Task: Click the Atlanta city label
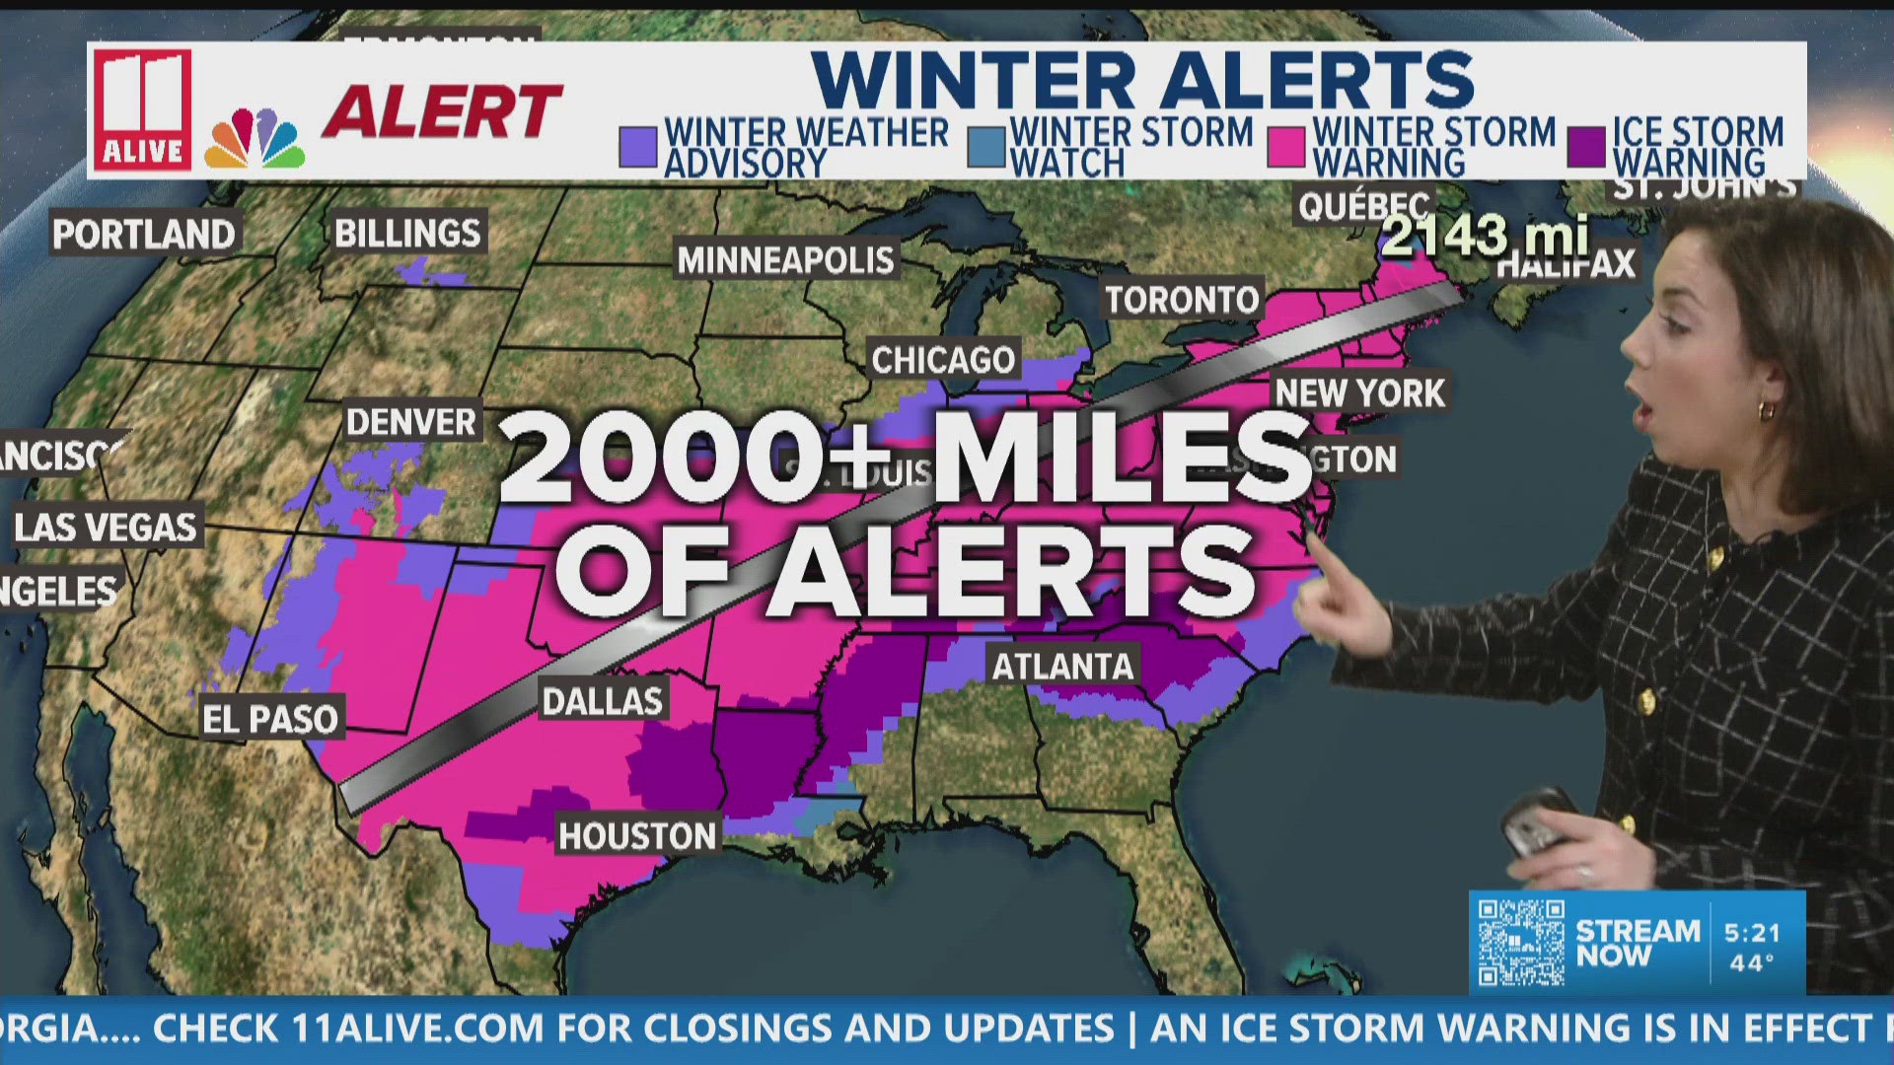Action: pyautogui.click(x=1062, y=667)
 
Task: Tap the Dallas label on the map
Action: pyautogui.click(x=603, y=701)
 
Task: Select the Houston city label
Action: pyautogui.click(x=637, y=836)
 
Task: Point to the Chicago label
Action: pyautogui.click(x=943, y=360)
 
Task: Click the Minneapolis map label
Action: pyautogui.click(x=786, y=260)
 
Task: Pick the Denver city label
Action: pyautogui.click(x=411, y=422)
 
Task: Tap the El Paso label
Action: pyautogui.click(x=270, y=719)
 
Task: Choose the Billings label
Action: pyautogui.click(x=407, y=234)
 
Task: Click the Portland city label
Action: pyautogui.click(x=144, y=235)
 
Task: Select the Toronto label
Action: pyautogui.click(x=1182, y=300)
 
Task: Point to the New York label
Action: pyautogui.click(x=1359, y=393)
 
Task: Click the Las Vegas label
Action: pyautogui.click(x=106, y=528)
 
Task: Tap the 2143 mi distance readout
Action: pyautogui.click(x=1485, y=236)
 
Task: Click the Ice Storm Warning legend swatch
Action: pyautogui.click(x=1586, y=147)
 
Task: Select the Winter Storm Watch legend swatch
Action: pyautogui.click(x=985, y=147)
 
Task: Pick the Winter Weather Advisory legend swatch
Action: pyautogui.click(x=638, y=147)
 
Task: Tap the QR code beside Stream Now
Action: pyautogui.click(x=1521, y=942)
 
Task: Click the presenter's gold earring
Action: pyautogui.click(x=1767, y=409)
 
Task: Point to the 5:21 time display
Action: pyautogui.click(x=1752, y=933)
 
